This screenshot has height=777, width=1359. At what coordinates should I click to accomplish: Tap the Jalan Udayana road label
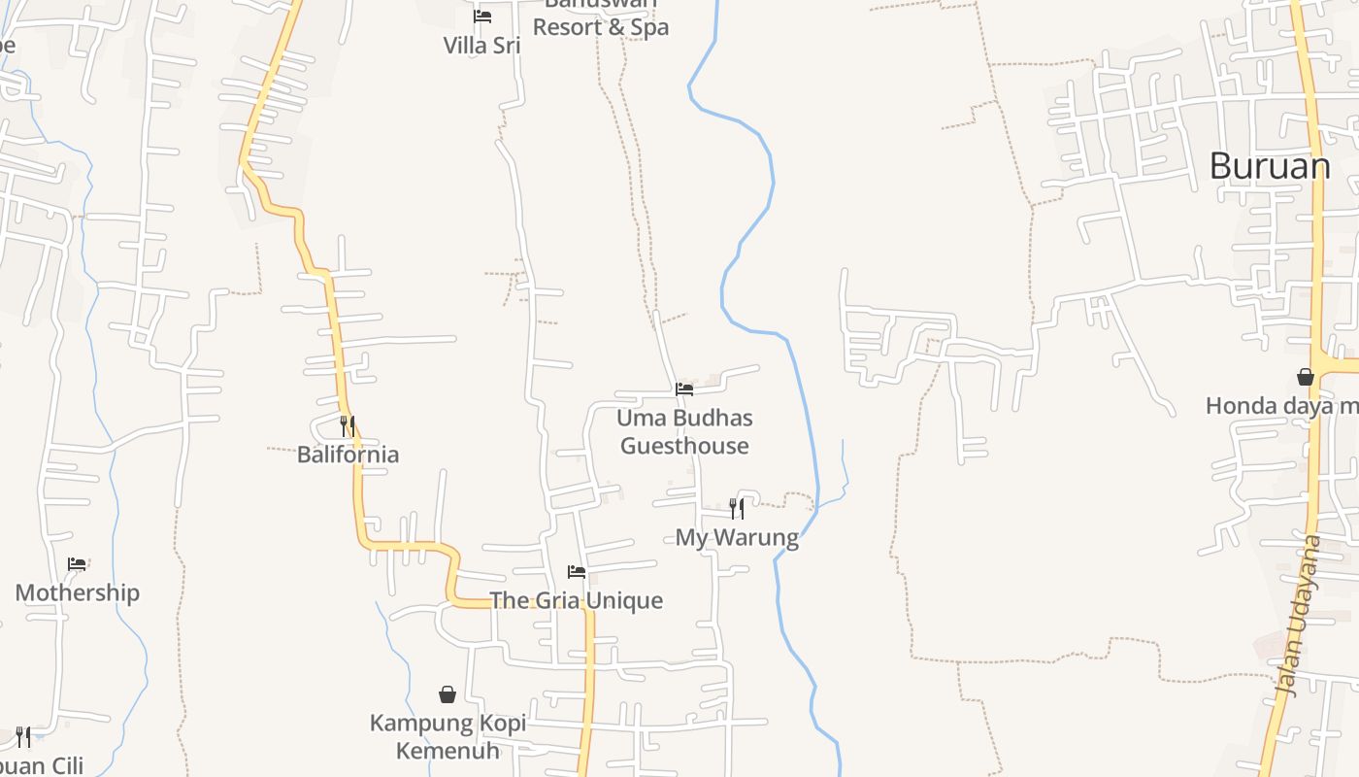coord(1298,616)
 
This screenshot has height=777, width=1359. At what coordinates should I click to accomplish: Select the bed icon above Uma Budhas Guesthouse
coord(684,389)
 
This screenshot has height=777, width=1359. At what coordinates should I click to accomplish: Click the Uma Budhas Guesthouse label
coord(684,432)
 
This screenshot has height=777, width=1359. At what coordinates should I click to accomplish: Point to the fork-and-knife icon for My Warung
coord(737,508)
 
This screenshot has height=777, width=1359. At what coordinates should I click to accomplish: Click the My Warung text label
coord(737,537)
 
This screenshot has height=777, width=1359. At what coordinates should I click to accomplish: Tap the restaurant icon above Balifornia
coord(348,425)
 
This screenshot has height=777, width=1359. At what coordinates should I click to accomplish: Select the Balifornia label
coord(348,455)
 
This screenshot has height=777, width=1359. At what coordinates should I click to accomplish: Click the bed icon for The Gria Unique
coord(577,572)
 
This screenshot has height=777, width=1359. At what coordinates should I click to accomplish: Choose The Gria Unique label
coord(577,600)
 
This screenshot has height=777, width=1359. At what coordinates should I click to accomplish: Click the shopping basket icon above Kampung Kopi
coord(447,694)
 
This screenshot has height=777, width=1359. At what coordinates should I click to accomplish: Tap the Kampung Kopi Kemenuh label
coord(447,737)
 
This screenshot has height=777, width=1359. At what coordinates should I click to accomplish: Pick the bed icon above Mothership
coord(77,564)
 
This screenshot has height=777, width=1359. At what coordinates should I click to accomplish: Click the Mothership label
coord(77,592)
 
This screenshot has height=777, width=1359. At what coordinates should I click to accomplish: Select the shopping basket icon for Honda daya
coord(1306,377)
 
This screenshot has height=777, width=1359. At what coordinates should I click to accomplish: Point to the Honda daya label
coord(1280,406)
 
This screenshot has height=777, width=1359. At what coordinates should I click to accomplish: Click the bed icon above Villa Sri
coord(481,17)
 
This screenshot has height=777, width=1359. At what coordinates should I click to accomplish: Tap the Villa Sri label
coord(481,46)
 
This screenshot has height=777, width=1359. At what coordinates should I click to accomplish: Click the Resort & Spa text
coord(601,27)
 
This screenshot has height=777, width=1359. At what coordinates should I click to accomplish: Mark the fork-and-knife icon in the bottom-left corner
coord(23,736)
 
